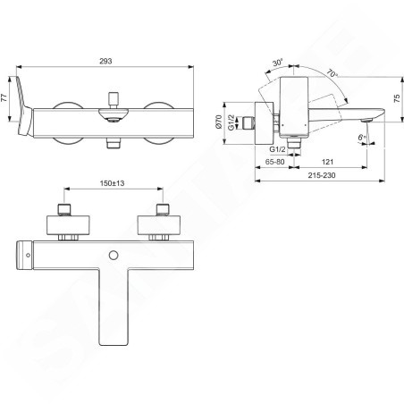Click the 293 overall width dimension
pyautogui.click(x=105, y=61)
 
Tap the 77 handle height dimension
pyautogui.click(x=4, y=98)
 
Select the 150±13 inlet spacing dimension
pyautogui.click(x=112, y=183)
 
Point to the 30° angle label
pyautogui.click(x=278, y=63)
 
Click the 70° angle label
pyautogui.click(x=332, y=73)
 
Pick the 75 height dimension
pyautogui.click(x=397, y=98)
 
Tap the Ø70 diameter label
pyautogui.click(x=219, y=122)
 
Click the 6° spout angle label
pyautogui.click(x=362, y=138)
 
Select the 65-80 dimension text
pyautogui.click(x=274, y=162)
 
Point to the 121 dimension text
pyautogui.click(x=327, y=162)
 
